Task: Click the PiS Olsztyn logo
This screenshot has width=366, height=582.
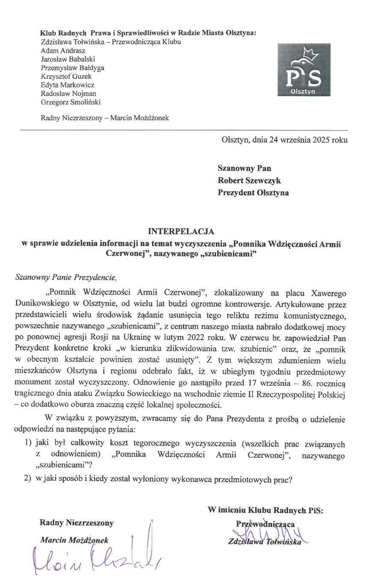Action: point(304,69)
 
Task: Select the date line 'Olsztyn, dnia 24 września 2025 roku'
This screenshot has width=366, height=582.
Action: point(284,140)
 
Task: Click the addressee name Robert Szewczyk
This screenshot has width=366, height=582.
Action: point(249,180)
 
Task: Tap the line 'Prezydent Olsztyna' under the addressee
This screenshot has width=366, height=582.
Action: point(253,192)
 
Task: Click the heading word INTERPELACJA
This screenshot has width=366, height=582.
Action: point(181,232)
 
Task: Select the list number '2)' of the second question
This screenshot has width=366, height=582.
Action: point(28,479)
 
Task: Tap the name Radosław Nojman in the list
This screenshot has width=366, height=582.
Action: point(68,93)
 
